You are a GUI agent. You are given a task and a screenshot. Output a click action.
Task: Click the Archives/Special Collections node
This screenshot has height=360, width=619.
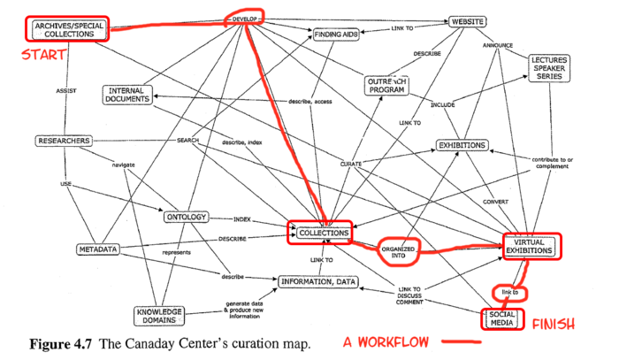pyautogui.click(x=67, y=28)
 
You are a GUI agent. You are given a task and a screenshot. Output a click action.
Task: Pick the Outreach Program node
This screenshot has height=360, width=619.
pyautogui.click(x=388, y=86)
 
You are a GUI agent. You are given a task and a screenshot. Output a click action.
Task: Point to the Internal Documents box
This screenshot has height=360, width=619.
pyautogui.click(x=129, y=96)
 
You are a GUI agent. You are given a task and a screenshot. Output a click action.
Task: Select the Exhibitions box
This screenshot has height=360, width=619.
pyautogui.click(x=462, y=145)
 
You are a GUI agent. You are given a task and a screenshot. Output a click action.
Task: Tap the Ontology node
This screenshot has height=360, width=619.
pyautogui.click(x=185, y=217)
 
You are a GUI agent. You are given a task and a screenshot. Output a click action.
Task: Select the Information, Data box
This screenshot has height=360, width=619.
pyautogui.click(x=319, y=282)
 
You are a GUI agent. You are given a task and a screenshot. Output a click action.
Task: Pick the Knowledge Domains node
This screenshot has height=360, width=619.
pyautogui.click(x=161, y=315)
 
